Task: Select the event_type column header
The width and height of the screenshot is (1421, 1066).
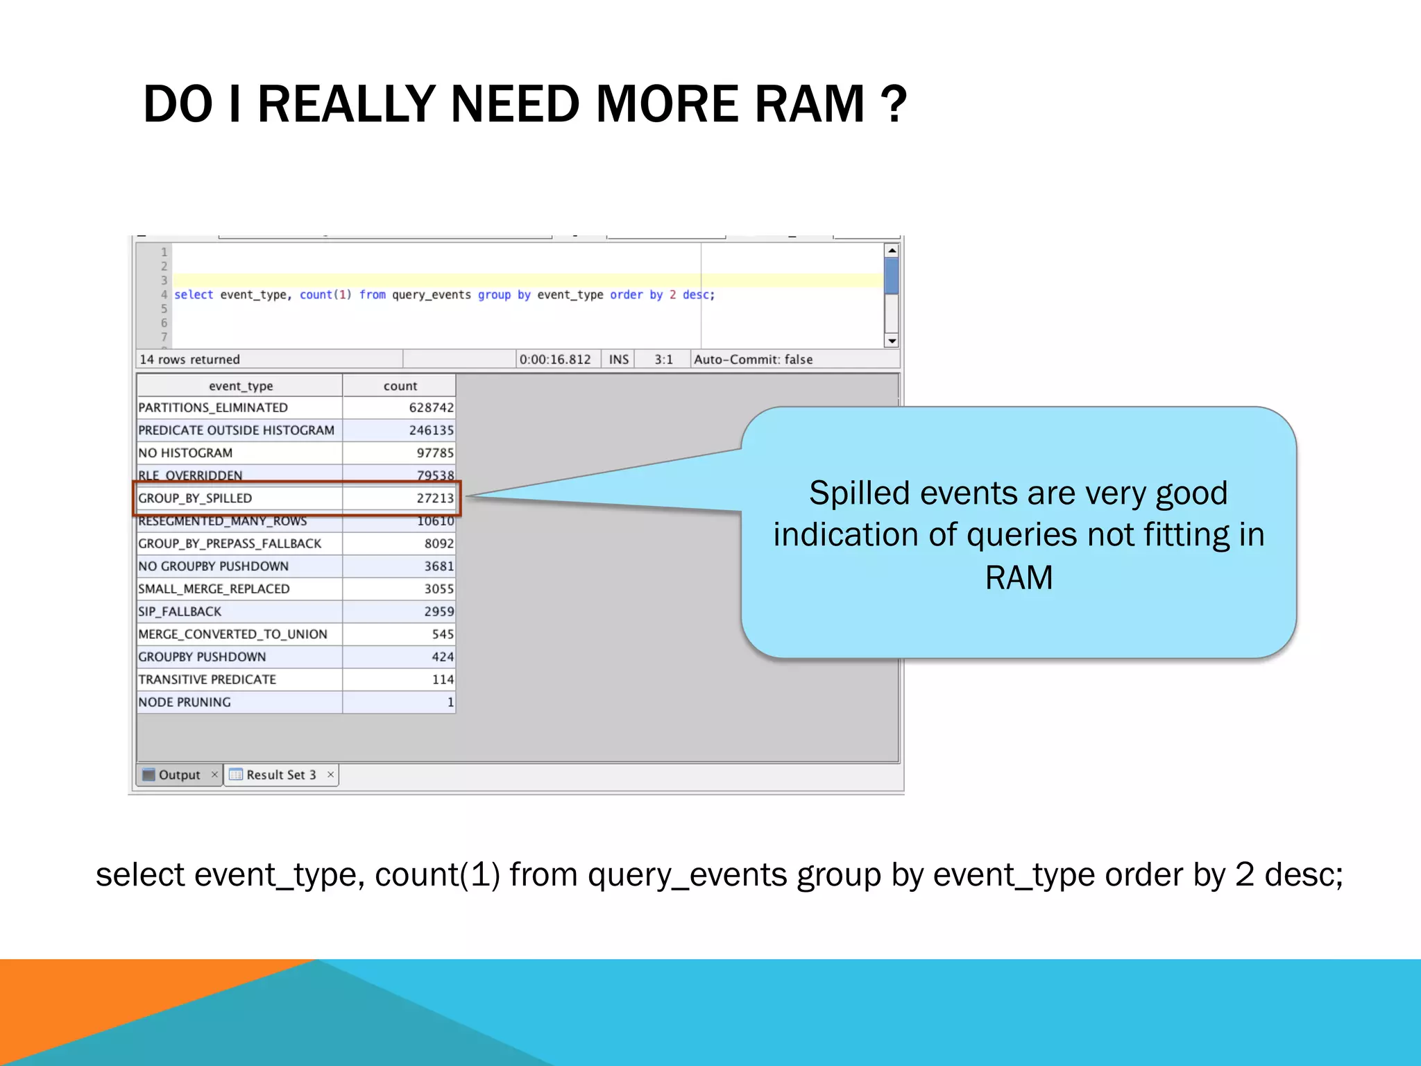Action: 240,386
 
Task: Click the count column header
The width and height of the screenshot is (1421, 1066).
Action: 400,386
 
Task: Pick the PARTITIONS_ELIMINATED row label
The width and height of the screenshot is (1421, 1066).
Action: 213,407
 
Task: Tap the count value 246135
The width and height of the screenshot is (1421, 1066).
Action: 431,430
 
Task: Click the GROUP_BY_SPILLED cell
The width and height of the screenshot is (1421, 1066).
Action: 195,498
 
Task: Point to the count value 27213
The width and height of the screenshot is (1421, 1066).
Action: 434,498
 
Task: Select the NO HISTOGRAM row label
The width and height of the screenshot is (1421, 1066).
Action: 185,453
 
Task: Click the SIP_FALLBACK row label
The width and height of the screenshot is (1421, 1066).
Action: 180,611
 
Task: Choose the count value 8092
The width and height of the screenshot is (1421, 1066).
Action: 439,543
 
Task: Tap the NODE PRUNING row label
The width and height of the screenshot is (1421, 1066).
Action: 185,702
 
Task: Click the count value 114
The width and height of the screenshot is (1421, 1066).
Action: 442,679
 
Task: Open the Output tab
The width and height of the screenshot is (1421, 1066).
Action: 178,775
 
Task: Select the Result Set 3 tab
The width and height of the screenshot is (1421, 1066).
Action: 280,775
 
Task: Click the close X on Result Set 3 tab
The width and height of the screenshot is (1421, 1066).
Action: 330,775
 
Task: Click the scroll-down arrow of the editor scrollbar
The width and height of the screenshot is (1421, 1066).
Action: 892,341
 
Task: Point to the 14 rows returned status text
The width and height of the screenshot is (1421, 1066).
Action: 189,359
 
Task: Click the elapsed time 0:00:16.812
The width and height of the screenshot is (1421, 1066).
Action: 554,359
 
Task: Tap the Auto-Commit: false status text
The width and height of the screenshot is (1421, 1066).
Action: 753,359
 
